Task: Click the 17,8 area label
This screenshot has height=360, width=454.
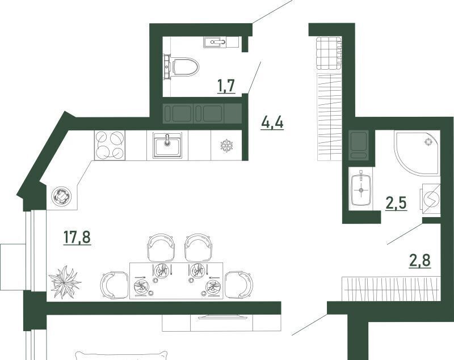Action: [77, 238]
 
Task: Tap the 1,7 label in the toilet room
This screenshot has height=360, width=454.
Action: [226, 86]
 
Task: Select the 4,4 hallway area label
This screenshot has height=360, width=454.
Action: [272, 123]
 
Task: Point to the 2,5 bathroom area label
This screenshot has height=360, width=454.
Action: [396, 203]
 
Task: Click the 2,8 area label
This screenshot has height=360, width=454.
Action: [419, 260]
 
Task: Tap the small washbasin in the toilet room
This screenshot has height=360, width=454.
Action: [215, 42]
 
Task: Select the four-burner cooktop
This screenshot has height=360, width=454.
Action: [110, 145]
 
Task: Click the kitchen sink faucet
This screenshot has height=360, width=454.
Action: [167, 139]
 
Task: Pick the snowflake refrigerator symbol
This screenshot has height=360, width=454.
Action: [226, 146]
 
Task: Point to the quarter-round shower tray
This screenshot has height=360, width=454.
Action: [417, 154]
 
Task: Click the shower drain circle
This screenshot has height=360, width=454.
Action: [428, 142]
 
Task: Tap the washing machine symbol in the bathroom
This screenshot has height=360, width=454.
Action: [430, 199]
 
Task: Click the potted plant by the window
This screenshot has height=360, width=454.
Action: [65, 282]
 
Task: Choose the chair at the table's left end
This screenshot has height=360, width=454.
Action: [115, 285]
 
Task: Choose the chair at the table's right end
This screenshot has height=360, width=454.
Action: [239, 285]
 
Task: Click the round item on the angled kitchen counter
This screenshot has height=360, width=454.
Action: [61, 196]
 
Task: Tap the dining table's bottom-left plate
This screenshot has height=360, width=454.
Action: [141, 286]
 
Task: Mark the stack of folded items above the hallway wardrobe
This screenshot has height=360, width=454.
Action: [330, 53]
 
